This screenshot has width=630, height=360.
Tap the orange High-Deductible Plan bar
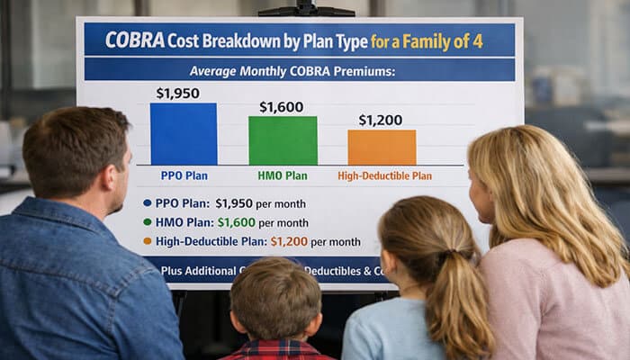[382, 147]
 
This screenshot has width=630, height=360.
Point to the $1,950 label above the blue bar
[178, 93]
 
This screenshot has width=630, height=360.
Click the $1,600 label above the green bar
[282, 107]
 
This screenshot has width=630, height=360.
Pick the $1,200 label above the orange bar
[381, 120]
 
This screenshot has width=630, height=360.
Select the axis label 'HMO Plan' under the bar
[283, 175]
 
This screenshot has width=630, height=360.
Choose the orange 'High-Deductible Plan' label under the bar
[384, 176]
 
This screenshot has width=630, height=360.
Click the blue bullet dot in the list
[148, 203]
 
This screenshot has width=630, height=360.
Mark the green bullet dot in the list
[148, 222]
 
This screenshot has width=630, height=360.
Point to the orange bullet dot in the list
[148, 241]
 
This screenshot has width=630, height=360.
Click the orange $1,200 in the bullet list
[289, 241]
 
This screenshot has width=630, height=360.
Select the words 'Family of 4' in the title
[458, 40]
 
